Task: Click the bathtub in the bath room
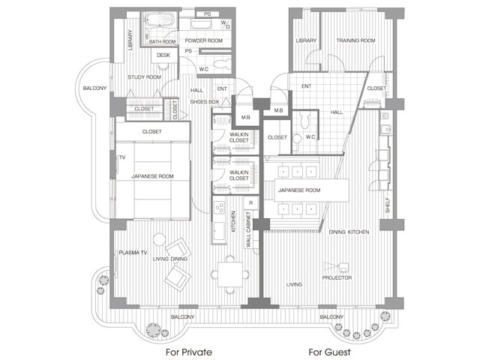[159, 20]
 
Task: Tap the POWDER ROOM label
[203, 40]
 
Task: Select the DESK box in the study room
[164, 55]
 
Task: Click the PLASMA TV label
[133, 253]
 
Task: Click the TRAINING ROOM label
[355, 40]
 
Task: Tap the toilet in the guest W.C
[304, 120]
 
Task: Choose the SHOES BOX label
[205, 102]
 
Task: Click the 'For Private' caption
[189, 352]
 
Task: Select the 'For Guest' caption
[329, 352]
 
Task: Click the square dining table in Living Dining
[230, 274]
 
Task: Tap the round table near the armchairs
[159, 239]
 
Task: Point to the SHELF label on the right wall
[388, 205]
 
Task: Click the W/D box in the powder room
[226, 25]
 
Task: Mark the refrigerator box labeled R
[251, 203]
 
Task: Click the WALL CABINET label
[248, 229]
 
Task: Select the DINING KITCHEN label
[349, 232]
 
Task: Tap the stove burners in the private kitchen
[220, 208]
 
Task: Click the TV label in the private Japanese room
[122, 157]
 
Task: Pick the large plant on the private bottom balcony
[153, 330]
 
